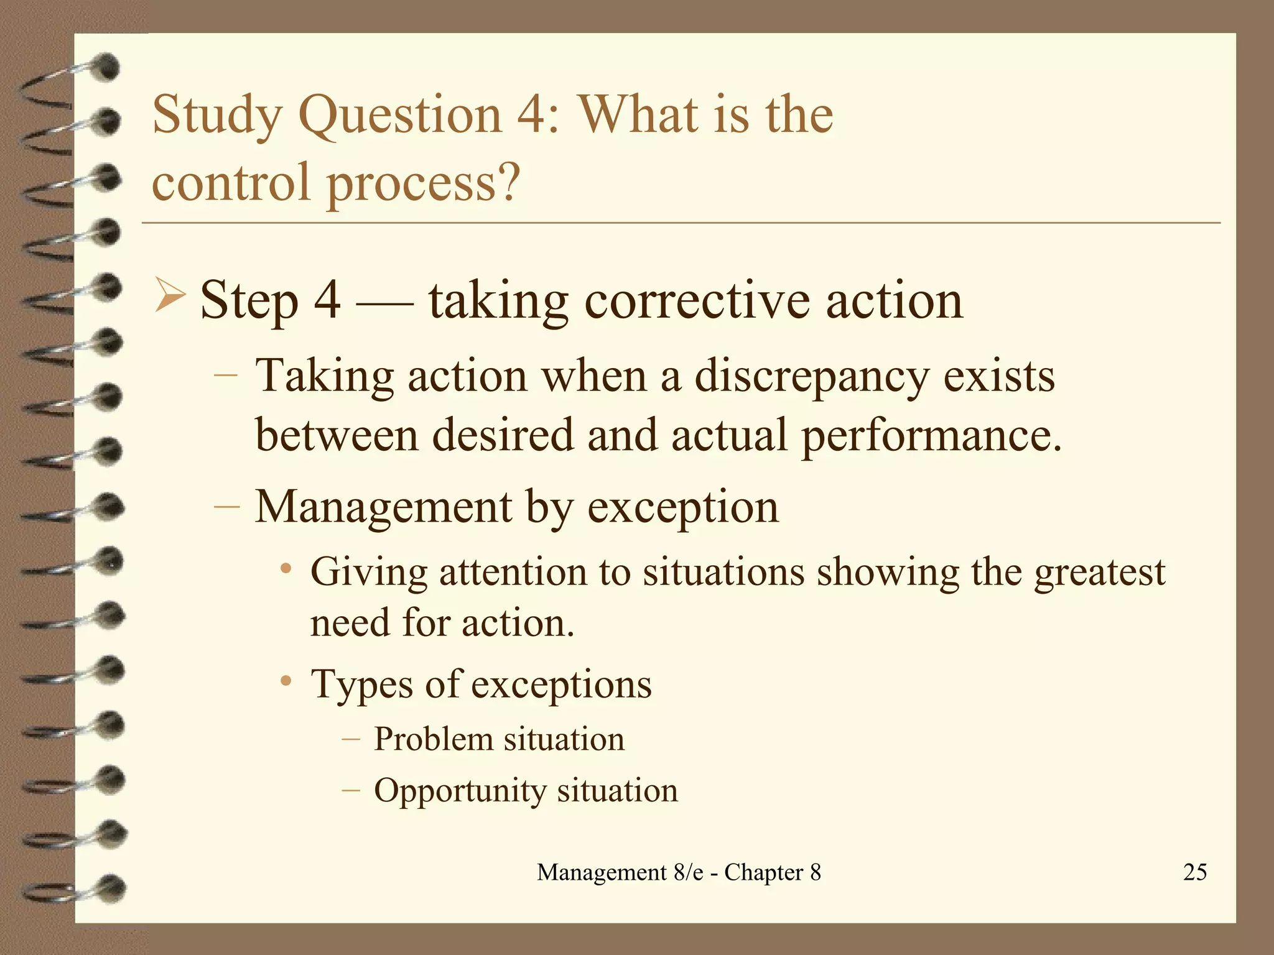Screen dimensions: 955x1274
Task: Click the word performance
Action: (x=931, y=435)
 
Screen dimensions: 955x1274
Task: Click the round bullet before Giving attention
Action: (x=286, y=570)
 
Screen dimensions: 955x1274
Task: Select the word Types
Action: (x=361, y=685)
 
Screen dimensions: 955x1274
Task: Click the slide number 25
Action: (x=1194, y=872)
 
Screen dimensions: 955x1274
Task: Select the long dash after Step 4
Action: (x=384, y=303)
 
